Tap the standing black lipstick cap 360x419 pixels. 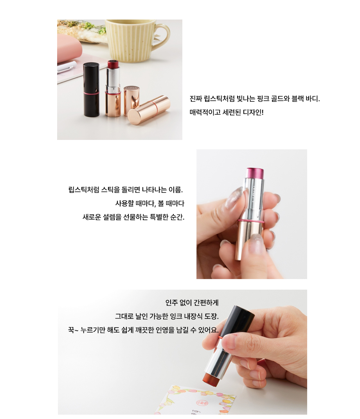click(91, 90)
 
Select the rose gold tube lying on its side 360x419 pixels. click(149, 110)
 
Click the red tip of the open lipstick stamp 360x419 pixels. click(113, 64)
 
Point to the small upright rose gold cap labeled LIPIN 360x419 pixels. click(131, 101)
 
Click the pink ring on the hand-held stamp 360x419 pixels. click(251, 221)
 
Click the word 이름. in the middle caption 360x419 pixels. click(176, 190)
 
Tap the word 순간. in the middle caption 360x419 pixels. click(177, 217)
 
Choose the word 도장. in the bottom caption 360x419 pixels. click(212, 316)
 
